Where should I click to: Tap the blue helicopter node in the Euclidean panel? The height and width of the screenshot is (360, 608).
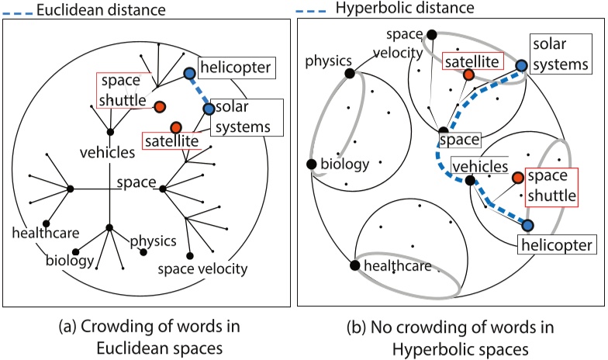click(189, 74)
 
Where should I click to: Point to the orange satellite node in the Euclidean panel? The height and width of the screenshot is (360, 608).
click(176, 126)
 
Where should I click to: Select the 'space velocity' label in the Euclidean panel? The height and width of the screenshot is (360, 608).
click(202, 269)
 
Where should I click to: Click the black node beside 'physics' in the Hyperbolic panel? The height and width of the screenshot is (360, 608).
click(350, 73)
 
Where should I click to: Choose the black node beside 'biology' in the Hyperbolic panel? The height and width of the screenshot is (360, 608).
click(311, 164)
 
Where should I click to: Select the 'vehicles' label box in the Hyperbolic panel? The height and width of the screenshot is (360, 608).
click(480, 165)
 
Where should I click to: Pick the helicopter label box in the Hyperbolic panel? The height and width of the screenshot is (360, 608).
click(554, 246)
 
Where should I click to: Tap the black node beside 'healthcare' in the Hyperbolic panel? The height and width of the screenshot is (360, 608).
click(354, 266)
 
